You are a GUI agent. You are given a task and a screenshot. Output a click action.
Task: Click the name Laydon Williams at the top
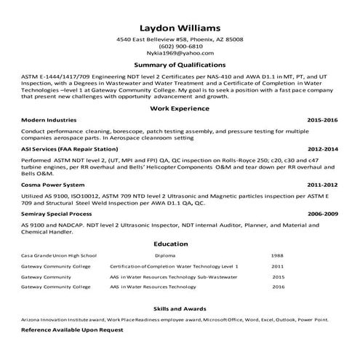point(180,24)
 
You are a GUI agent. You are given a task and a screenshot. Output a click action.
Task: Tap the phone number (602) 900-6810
point(180,46)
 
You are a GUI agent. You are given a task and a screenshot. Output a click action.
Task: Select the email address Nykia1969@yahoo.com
point(180,53)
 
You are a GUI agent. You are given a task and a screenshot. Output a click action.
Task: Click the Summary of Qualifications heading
point(180,65)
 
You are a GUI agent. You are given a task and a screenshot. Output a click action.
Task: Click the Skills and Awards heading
point(180,308)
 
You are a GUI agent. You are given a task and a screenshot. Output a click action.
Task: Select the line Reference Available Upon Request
point(72,329)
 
